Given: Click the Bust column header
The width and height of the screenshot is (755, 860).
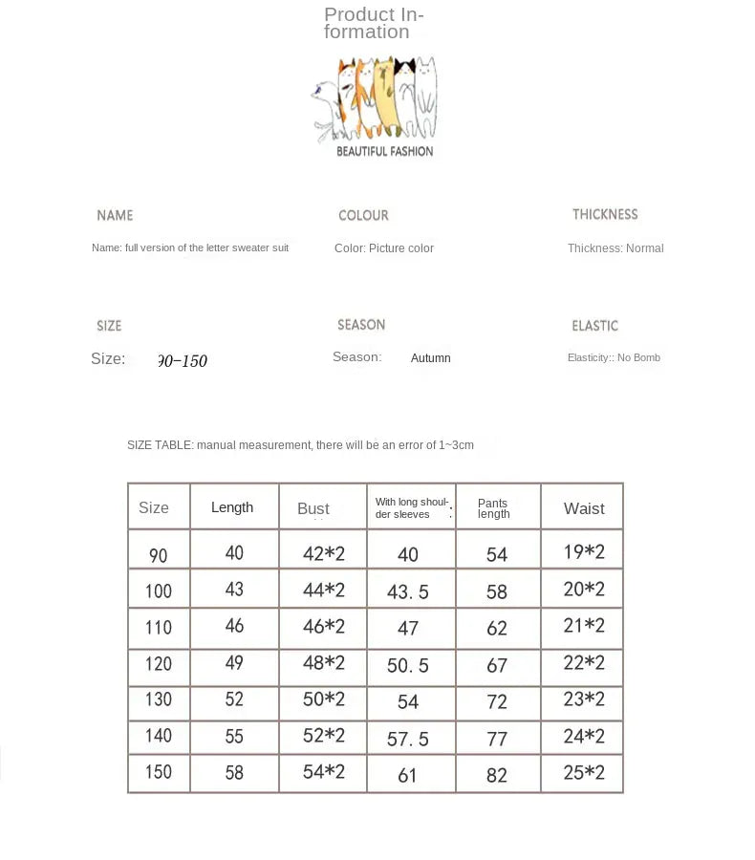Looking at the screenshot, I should tap(313, 508).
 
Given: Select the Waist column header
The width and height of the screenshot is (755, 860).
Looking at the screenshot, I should tap(584, 508).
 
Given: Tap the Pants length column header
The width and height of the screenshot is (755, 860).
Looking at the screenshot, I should tap(493, 508).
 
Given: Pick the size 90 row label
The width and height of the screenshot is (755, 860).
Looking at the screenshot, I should tap(158, 554).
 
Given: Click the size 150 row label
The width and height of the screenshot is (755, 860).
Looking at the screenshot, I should tap(158, 772).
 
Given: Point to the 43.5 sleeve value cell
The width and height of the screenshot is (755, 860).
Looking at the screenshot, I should tap(408, 592).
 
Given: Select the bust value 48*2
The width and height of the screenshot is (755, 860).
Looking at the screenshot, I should tap(324, 662).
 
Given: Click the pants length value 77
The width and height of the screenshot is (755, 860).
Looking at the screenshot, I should tap(497, 738).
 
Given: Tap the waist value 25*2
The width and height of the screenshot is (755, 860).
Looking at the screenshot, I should tap(584, 772).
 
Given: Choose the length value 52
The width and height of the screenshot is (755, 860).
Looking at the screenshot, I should tap(234, 699).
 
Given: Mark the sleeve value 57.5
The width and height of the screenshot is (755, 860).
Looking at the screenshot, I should tap(408, 739).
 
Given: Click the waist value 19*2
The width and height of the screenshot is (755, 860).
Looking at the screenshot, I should tap(584, 551).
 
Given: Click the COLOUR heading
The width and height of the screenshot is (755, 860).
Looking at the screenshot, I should tap(363, 216).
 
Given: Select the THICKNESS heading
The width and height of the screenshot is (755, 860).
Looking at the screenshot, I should tap(605, 215).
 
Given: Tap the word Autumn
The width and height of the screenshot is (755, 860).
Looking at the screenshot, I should tap(430, 358).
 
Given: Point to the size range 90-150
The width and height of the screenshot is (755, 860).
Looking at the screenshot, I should tap(182, 361).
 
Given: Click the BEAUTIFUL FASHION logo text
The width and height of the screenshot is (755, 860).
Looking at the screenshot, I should tap(384, 151).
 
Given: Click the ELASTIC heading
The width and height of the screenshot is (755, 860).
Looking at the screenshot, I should tap(594, 326).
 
